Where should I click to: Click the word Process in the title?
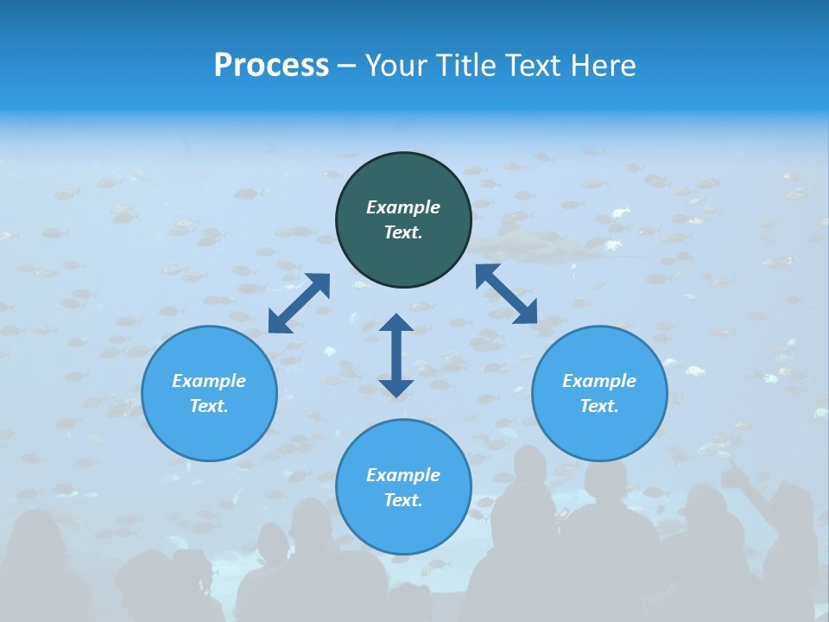271,66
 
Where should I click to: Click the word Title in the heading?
464,66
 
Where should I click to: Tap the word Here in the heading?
601,66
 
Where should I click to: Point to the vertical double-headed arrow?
396,355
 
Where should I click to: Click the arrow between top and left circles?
299,303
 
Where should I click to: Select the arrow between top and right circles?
507,294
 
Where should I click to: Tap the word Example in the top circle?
403,207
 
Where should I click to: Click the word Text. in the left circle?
209,406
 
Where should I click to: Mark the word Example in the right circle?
599,381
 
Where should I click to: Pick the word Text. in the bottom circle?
403,500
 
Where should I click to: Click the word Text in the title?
533,66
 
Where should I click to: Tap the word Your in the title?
396,66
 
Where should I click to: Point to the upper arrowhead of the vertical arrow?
396,323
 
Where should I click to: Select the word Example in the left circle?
209,381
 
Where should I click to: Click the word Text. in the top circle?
403,232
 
